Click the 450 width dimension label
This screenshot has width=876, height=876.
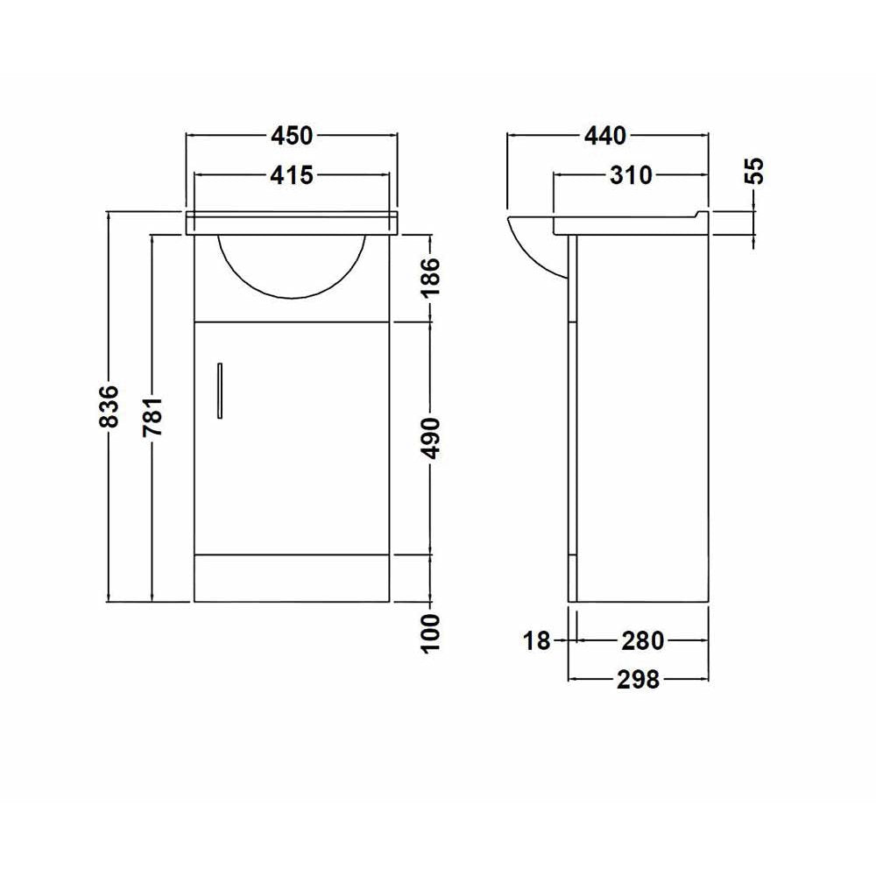point(292,136)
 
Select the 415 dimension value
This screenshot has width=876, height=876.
point(292,175)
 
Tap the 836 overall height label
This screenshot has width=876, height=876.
point(109,406)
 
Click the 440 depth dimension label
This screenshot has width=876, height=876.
point(606,136)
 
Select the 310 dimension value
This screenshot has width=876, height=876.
point(632,175)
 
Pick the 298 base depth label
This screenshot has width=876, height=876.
point(638,679)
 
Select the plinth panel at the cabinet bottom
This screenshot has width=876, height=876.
point(292,578)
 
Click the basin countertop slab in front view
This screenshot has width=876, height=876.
point(292,223)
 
